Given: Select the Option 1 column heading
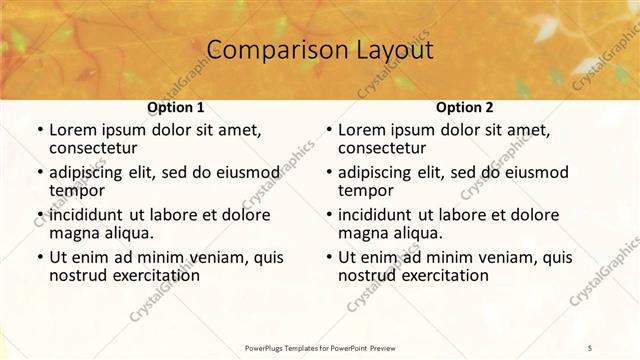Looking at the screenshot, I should click(x=176, y=106).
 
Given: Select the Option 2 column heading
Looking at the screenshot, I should click(x=464, y=106).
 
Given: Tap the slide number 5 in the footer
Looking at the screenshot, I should click(x=590, y=347).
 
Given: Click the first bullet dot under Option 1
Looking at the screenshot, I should click(x=39, y=130).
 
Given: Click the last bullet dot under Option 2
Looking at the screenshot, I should click(x=328, y=258).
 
